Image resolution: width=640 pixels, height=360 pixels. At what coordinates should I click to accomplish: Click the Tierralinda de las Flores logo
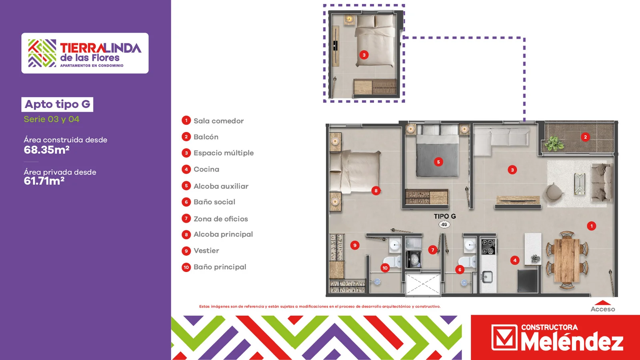tap(85, 53)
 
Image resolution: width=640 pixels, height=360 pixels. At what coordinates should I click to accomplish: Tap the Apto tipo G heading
tap(58, 104)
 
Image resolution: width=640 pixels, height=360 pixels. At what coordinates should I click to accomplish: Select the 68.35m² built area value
tap(46, 150)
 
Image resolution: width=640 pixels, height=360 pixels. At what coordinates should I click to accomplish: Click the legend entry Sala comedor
tap(213, 121)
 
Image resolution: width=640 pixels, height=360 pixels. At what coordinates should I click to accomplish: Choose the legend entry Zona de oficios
tap(215, 219)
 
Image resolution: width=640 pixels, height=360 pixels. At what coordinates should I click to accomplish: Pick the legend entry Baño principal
tap(214, 267)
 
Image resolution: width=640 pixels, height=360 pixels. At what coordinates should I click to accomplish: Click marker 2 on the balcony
tap(585, 137)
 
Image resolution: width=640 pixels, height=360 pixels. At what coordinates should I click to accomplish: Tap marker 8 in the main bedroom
tap(376, 190)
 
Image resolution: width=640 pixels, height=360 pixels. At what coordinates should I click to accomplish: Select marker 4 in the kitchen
tap(515, 260)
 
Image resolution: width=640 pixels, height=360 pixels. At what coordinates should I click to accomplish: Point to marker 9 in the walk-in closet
tap(355, 245)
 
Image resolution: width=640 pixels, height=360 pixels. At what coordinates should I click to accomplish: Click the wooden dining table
tap(566, 260)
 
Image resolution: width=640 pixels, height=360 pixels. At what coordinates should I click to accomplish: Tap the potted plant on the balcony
tap(554, 144)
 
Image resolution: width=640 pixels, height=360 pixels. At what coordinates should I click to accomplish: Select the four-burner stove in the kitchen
tap(488, 246)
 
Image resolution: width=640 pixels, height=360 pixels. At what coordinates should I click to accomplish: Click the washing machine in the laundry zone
tap(413, 259)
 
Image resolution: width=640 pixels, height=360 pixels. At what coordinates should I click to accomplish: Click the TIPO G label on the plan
tap(445, 216)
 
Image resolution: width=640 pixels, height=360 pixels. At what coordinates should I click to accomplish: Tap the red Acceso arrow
tap(602, 302)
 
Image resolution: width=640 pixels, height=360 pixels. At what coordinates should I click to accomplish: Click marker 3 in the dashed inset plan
tap(364, 55)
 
